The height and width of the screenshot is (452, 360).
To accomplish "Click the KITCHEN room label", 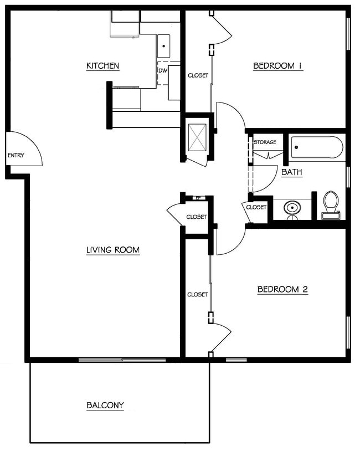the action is pyautogui.click(x=102, y=66).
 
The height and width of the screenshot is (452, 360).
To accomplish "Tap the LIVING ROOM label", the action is pyautogui.click(x=113, y=250).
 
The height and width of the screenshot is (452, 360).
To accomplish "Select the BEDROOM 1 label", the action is pyautogui.click(x=278, y=66).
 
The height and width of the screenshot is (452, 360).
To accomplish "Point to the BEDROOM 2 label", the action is pyautogui.click(x=282, y=289).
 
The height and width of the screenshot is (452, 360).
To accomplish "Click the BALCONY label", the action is pyautogui.click(x=105, y=405).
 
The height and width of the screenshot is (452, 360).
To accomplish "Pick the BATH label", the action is pyautogui.click(x=292, y=172).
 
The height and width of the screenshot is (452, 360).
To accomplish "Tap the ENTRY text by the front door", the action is pyautogui.click(x=16, y=155).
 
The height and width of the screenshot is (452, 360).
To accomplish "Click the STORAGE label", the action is pyautogui.click(x=265, y=142).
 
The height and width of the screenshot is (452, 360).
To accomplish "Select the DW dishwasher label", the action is pyautogui.click(x=163, y=71).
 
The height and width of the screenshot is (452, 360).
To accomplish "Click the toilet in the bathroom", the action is pyautogui.click(x=331, y=206).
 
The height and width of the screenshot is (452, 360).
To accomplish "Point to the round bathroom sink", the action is pyautogui.click(x=292, y=208).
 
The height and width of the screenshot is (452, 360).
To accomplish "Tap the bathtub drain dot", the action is pyautogui.click(x=296, y=147).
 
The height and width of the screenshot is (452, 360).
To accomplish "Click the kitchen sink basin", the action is pyautogui.click(x=164, y=46).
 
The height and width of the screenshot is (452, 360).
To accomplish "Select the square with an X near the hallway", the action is pyautogui.click(x=197, y=137).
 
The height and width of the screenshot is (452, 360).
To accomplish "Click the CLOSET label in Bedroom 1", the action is pyautogui.click(x=198, y=75).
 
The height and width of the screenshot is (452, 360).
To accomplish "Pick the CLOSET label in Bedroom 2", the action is pyautogui.click(x=197, y=295).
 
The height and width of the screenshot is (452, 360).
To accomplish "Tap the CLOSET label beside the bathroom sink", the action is pyautogui.click(x=256, y=207).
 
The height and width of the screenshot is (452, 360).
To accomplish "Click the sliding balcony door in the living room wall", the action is pyautogui.click(x=122, y=359).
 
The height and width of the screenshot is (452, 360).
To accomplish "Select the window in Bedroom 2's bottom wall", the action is pyautogui.click(x=236, y=359).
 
